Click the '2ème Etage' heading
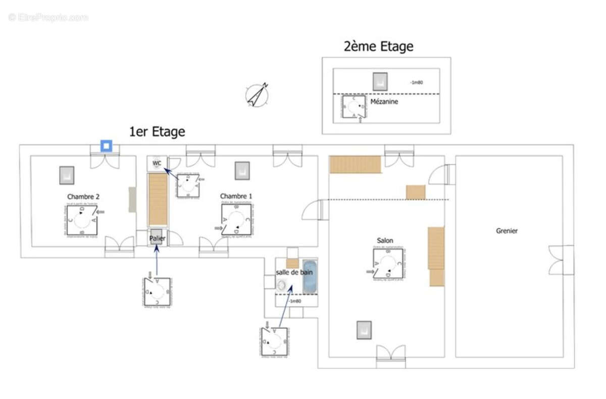(378, 46)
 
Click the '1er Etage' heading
(157, 132)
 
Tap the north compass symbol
(258, 95)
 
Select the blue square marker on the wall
(106, 146)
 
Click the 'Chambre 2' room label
(80, 196)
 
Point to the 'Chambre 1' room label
(235, 196)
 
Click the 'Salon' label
(385, 240)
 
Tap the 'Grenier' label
(507, 231)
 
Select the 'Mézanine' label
(384, 102)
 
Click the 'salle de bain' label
(294, 272)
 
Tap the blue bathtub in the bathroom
(310, 277)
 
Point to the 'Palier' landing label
(157, 238)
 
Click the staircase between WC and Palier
(158, 199)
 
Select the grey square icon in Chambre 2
(66, 175)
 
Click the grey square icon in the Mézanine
(380, 81)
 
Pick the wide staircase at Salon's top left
(355, 165)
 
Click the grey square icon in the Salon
(364, 330)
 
